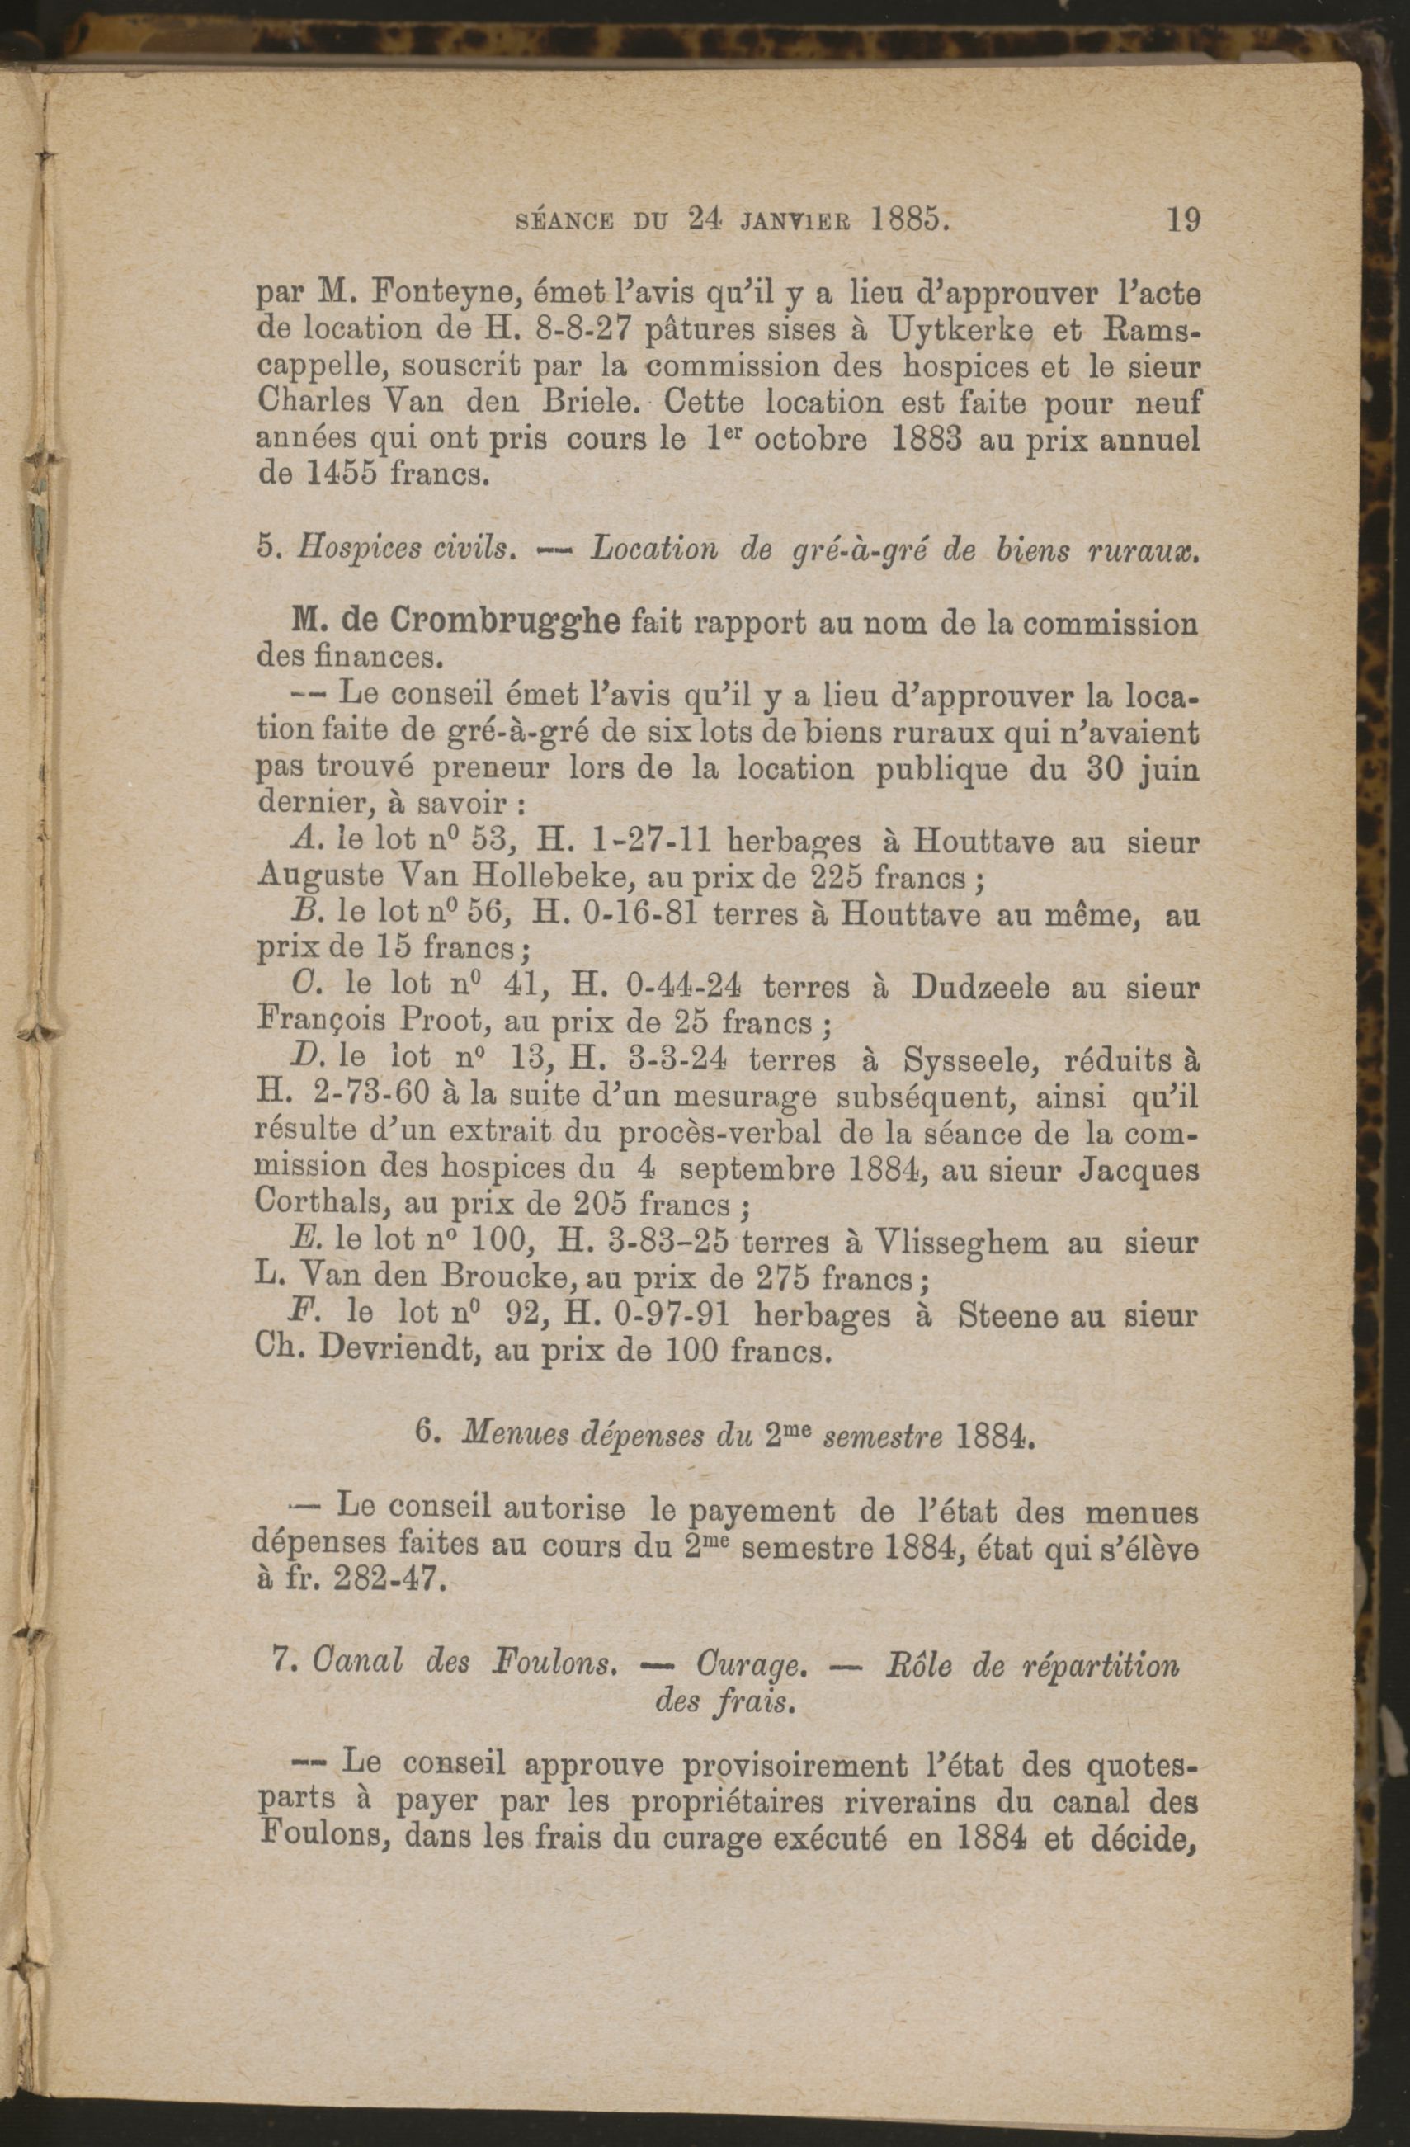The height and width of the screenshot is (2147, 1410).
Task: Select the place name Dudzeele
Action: (x=979, y=987)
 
